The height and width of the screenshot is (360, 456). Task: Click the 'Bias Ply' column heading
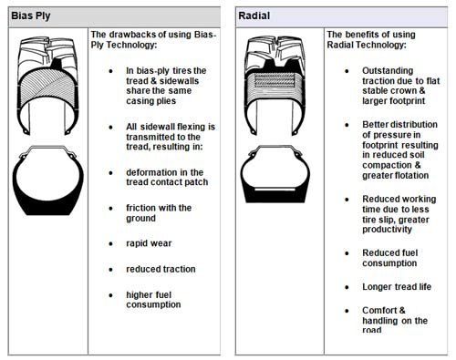pos(31,15)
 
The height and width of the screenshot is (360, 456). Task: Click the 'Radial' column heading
pos(254,15)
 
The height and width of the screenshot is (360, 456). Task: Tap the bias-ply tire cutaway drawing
pos(48,86)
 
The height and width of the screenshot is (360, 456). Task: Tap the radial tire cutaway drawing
pos(275,86)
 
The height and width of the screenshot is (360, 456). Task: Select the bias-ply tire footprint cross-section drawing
pos(47,180)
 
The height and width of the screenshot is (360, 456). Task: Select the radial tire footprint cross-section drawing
pos(275,174)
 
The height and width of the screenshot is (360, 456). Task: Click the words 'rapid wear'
pos(149,243)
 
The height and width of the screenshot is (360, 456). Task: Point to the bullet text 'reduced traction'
pos(161,269)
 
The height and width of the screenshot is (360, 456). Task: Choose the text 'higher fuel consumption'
pos(153,300)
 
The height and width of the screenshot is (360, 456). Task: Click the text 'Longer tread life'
pos(397,286)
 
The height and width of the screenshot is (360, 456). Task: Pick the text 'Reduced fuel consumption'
pos(390,258)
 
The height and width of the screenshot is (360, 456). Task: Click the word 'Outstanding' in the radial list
pos(388,71)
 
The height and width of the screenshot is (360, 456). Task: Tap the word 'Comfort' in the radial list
pos(379,310)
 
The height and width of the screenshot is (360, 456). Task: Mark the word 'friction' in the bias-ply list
pos(140,208)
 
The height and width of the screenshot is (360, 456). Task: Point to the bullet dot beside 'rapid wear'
pos(111,243)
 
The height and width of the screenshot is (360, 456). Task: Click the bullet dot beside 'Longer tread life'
pos(347,287)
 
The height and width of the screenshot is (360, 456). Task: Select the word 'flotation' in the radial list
pos(412,175)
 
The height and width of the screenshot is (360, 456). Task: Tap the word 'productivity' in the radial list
pos(387,230)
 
